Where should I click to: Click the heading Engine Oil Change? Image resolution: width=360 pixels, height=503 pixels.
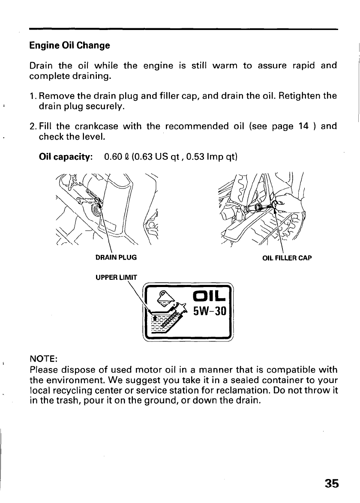69,45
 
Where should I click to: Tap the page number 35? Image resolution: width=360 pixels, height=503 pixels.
331,483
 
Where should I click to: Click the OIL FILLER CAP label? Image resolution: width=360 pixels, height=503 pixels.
287,258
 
